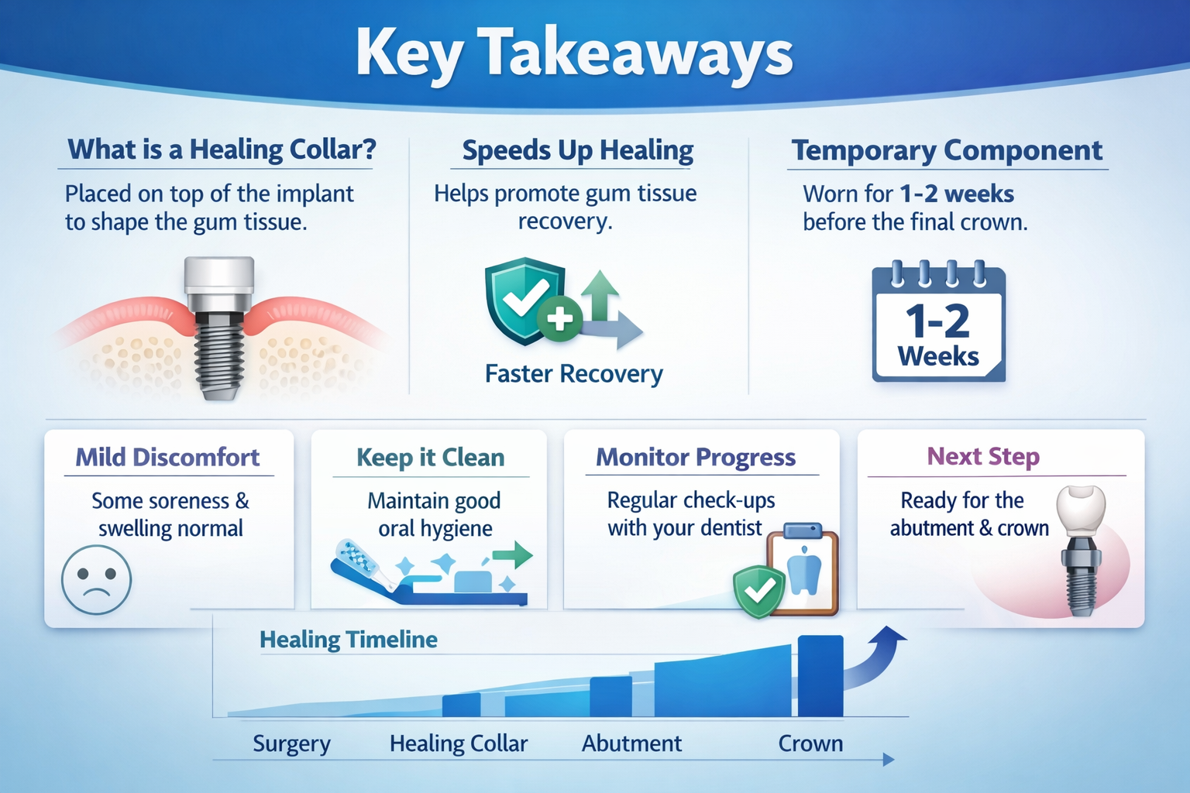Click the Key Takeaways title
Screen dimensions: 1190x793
[x=574, y=53]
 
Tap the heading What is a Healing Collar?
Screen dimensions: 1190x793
[x=222, y=149]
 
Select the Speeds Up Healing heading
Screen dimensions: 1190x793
[x=577, y=149]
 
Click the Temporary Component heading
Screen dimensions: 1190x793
[x=947, y=149]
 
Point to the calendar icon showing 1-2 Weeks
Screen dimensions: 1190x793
[x=939, y=321]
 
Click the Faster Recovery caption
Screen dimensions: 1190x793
[x=574, y=373]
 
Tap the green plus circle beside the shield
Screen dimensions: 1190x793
[x=559, y=319]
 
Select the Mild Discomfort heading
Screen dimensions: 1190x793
[x=167, y=458]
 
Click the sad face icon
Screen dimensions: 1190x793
[x=96, y=579]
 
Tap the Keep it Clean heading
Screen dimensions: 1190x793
[x=430, y=458]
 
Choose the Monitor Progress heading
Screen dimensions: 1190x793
[x=696, y=458]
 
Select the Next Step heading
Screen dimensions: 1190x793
[x=983, y=456]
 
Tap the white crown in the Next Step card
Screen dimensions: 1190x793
[x=1081, y=510]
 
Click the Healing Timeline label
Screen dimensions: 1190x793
[x=349, y=640]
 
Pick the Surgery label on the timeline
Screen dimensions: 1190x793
[x=291, y=743]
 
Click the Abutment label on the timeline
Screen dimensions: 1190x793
[x=631, y=743]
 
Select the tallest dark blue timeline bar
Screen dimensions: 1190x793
[x=820, y=676]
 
